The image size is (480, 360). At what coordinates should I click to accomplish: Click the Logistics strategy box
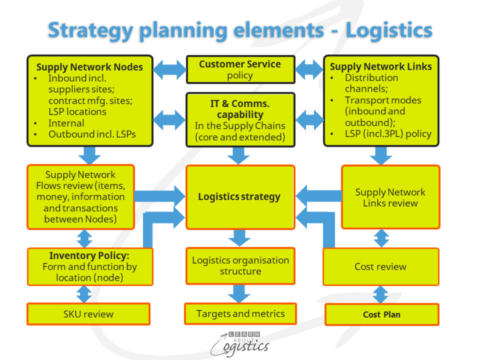point(239,197)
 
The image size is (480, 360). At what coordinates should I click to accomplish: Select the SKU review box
point(88,314)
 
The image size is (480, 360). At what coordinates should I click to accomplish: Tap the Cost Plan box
point(381,314)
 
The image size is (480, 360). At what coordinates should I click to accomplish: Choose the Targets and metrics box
point(240,314)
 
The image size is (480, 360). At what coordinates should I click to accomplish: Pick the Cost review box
point(381,267)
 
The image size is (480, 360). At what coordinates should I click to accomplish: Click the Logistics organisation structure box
point(240,265)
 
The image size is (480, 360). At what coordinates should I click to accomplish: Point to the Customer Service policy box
point(240,69)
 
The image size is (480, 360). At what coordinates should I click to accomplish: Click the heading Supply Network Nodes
point(89,67)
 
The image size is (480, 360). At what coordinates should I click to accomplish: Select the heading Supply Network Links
point(381,67)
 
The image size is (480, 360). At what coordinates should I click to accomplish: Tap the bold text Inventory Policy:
point(89,255)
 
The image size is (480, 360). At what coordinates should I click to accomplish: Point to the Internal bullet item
point(67,123)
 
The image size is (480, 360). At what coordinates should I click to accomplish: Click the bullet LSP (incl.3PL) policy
point(388,134)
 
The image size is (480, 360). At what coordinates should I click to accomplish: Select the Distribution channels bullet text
point(371,83)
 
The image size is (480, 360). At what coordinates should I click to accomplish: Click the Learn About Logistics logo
point(240,343)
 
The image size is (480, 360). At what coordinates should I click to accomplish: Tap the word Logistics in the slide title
point(389,30)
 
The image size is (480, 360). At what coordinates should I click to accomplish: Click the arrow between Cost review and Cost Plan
point(381,294)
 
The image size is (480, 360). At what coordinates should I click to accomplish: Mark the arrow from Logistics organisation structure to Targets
point(240,293)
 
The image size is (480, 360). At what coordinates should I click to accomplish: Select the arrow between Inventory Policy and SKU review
point(85,294)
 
